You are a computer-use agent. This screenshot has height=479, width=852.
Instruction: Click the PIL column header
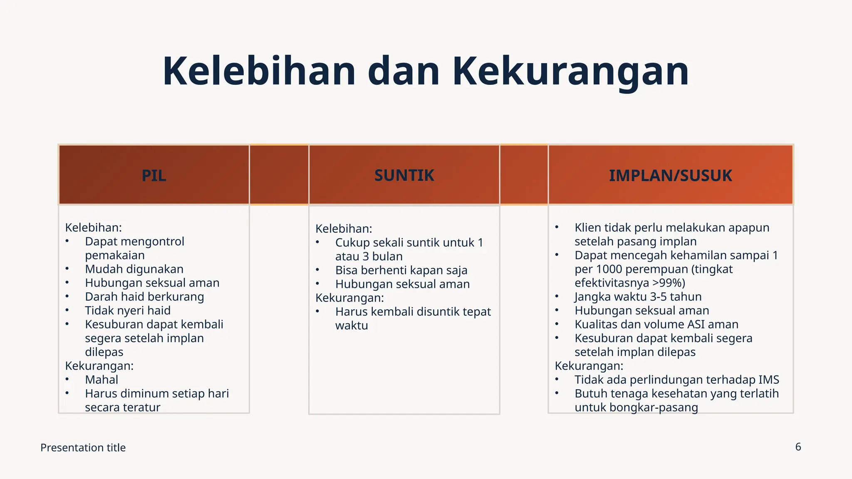[x=154, y=175]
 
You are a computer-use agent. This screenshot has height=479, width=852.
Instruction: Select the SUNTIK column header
[x=404, y=175]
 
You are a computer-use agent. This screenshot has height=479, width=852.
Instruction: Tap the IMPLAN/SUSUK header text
[x=670, y=175]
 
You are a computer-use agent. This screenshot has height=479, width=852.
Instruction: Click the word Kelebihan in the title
[x=259, y=72]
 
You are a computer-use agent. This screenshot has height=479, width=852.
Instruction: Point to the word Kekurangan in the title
[x=570, y=72]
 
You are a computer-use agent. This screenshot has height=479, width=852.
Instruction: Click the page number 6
[x=798, y=447]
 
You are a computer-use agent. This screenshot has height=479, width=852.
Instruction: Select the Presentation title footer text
[x=83, y=448]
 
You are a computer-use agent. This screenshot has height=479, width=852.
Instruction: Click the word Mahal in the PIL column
[x=102, y=380]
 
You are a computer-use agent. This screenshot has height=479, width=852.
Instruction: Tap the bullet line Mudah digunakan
[x=134, y=269]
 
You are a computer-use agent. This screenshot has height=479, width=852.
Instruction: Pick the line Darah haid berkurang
[x=144, y=297]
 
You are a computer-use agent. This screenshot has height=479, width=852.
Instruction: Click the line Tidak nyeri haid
[x=128, y=311]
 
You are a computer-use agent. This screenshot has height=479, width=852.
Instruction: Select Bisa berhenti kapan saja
[x=401, y=270]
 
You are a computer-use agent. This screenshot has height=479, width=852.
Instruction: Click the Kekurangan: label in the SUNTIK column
[x=349, y=298]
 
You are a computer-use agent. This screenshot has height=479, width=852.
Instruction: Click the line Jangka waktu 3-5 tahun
[x=638, y=297]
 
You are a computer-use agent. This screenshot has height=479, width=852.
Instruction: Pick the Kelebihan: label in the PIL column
[x=93, y=228]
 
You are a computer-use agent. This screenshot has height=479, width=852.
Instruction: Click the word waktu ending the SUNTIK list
[x=352, y=326]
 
